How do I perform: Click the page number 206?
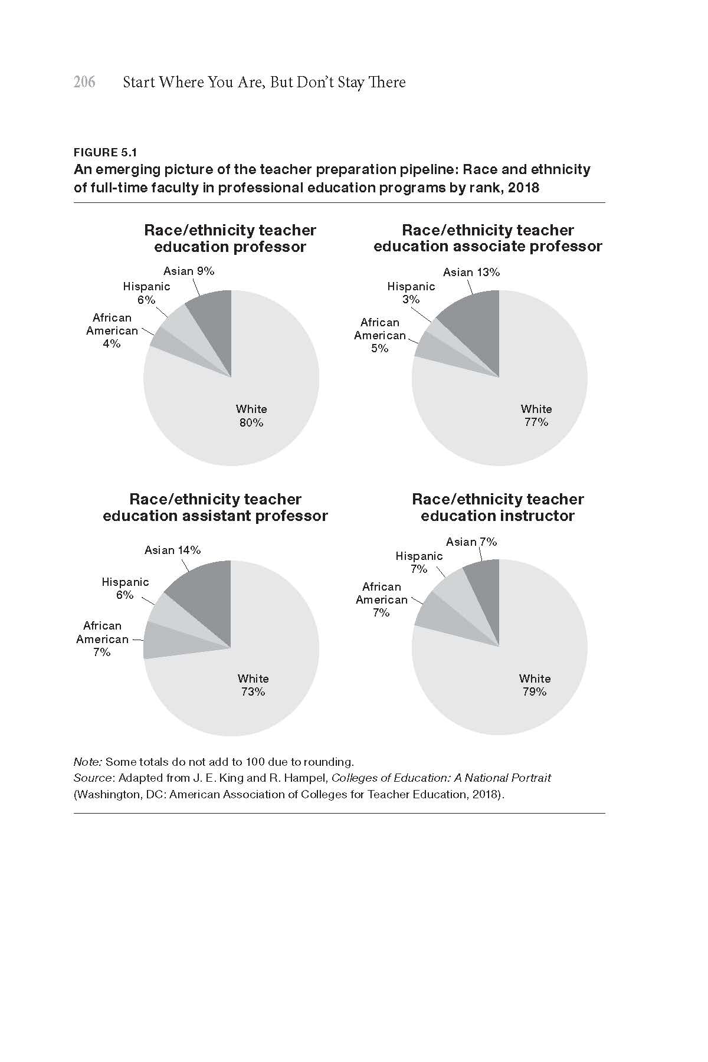click(84, 82)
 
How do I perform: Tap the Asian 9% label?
click(189, 271)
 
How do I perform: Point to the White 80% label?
click(251, 416)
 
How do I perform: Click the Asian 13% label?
click(471, 272)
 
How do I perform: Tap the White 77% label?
click(536, 415)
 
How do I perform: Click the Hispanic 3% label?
click(411, 293)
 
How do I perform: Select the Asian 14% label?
click(172, 550)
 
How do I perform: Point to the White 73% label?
click(253, 685)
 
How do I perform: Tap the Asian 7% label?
click(471, 542)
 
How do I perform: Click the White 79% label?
click(535, 685)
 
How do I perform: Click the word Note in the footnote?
click(87, 762)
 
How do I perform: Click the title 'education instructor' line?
click(497, 516)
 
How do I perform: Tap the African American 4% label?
click(112, 330)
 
